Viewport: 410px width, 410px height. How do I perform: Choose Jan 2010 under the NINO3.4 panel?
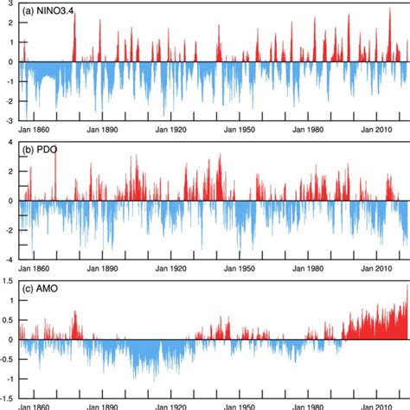point(379,129)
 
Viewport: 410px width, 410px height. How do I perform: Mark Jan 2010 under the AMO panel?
point(379,403)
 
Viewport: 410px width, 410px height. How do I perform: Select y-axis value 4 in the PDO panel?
point(10,142)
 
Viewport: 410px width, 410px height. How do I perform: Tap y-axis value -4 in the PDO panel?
point(8,259)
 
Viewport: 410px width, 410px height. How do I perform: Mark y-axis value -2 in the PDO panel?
point(8,230)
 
